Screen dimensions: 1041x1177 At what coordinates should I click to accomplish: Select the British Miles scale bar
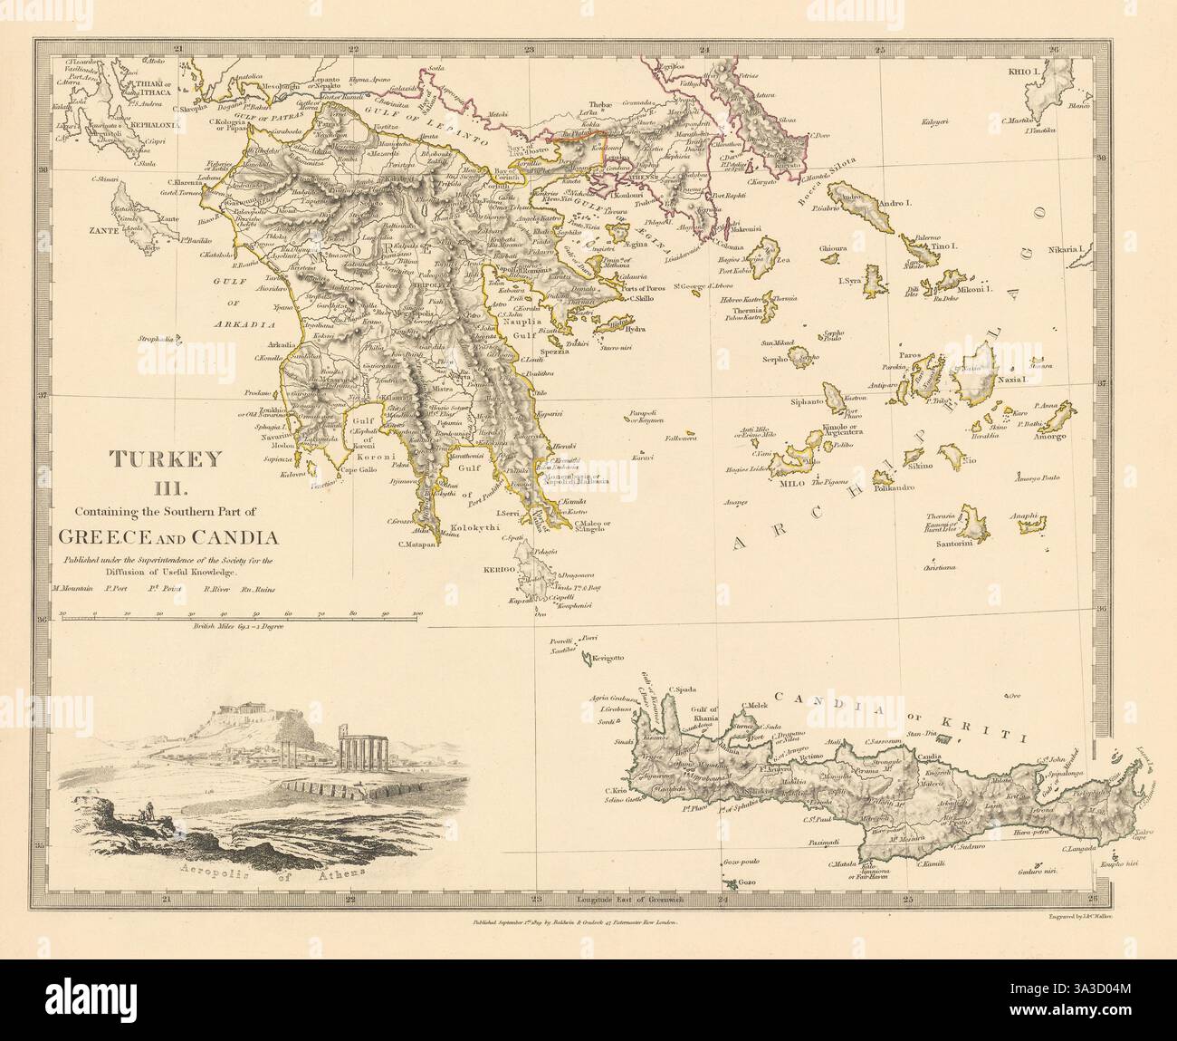pos(240,617)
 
